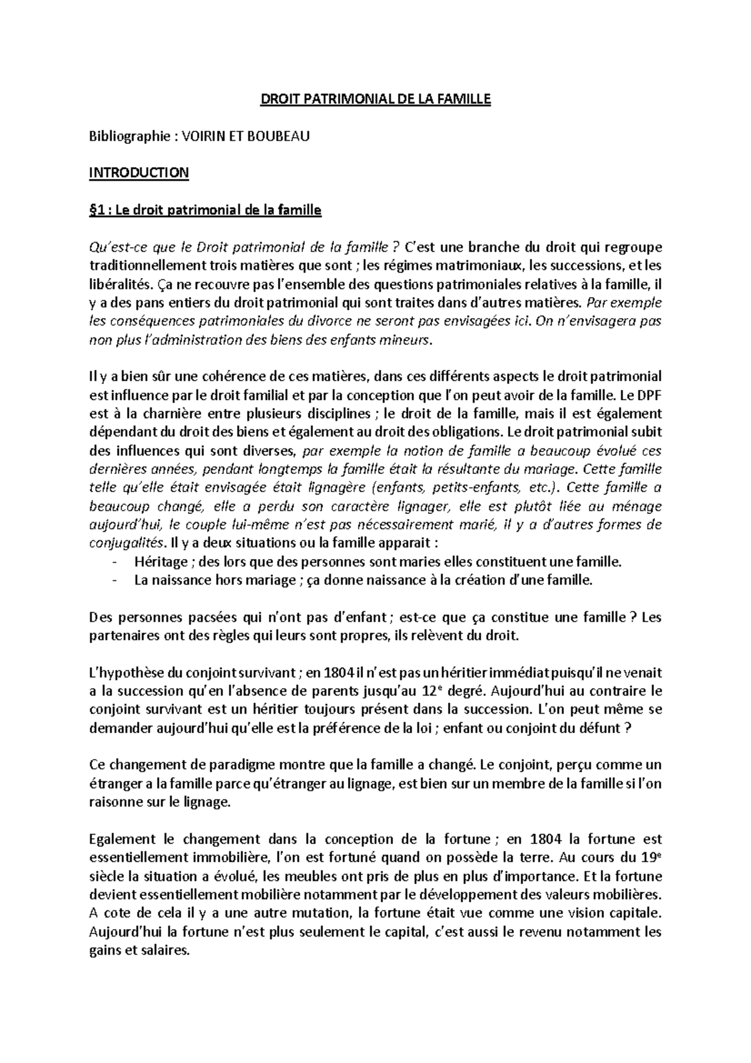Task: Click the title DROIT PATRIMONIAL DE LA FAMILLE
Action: pyautogui.click(x=375, y=100)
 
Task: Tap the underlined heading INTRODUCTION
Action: pyautogui.click(x=139, y=173)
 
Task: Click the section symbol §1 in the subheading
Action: pyautogui.click(x=96, y=210)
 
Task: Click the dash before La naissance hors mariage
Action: pyautogui.click(x=114, y=580)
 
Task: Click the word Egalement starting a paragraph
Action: pyautogui.click(x=122, y=839)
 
